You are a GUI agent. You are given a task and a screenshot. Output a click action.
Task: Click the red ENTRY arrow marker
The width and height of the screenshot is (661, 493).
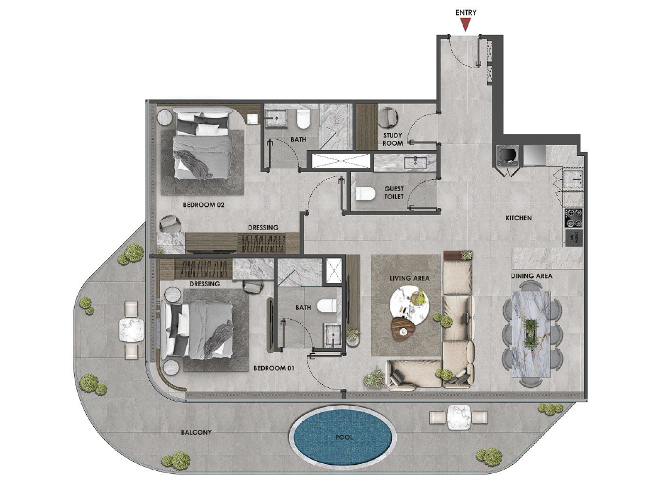pos(466,25)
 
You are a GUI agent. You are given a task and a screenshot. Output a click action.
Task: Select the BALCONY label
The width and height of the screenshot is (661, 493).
pos(196,432)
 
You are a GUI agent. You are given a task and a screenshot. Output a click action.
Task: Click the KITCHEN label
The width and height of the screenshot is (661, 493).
pos(519,218)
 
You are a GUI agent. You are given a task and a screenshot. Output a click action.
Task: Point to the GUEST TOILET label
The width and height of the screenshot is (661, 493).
pos(394,192)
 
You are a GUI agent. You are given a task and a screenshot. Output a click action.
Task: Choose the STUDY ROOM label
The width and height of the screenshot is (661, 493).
pos(393,139)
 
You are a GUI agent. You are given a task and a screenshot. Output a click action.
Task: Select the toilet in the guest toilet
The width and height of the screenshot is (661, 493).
pos(366,194)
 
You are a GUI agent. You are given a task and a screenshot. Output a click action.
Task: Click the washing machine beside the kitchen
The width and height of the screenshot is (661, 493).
pos(506,155)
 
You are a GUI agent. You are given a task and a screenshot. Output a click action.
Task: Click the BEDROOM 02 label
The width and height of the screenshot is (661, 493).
pos(203,205)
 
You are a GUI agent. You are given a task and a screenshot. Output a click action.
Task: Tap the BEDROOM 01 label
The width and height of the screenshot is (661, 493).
pos(274,368)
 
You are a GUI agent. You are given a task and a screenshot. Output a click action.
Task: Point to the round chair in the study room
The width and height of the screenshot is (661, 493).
pos(389,118)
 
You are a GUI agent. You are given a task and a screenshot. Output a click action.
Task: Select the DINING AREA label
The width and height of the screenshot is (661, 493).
pos(531,276)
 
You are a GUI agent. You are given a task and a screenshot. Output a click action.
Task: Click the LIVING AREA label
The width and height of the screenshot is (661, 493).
pos(409,278)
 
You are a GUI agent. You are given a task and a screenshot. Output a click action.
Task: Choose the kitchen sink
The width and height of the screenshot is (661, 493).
pos(574,179)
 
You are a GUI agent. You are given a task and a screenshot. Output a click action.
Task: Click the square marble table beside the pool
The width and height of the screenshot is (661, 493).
pos(458,417)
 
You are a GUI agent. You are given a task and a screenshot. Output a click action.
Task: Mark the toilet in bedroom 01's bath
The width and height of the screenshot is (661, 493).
pos(327,306)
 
